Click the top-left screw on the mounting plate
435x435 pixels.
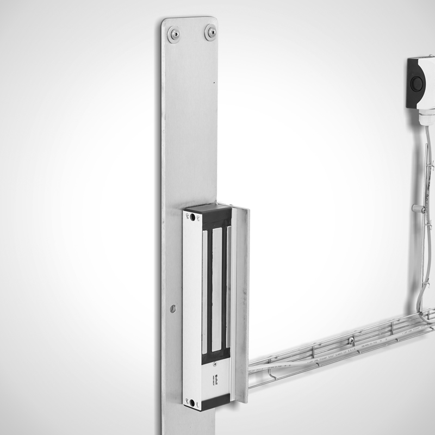click(x=175, y=35)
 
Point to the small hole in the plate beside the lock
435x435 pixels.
click(x=173, y=308)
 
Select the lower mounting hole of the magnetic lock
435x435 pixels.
click(x=192, y=403)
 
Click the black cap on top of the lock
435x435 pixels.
click(x=209, y=209)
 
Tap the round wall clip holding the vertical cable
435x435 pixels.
click(x=417, y=208)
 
